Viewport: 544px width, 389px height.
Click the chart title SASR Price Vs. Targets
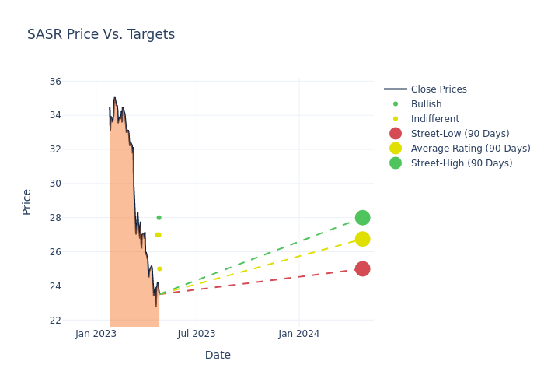coord(101,34)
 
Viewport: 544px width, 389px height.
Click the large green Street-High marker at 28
coord(362,218)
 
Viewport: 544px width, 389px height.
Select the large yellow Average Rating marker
coord(362,239)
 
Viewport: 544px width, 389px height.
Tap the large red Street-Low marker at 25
coord(362,268)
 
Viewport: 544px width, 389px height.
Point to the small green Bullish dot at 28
coord(159,218)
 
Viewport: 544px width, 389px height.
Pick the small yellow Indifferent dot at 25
coord(159,268)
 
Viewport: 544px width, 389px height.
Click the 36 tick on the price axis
coord(55,81)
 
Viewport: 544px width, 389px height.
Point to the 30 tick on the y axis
coord(55,184)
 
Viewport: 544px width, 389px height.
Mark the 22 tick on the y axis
coord(55,320)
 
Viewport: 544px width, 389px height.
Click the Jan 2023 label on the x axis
coord(96,334)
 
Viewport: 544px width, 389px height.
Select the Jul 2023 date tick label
coord(197,334)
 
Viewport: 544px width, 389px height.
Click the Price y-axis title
coord(27,202)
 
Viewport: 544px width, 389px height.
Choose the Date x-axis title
coord(218,355)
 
